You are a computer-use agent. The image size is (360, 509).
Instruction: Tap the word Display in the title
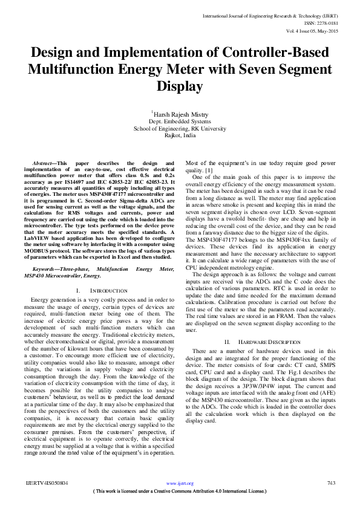[180, 86]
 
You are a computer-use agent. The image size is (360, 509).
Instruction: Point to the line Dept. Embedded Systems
[180, 122]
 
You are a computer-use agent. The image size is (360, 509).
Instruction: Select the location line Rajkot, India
[180, 136]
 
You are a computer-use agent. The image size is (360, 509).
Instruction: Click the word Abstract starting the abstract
[42, 164]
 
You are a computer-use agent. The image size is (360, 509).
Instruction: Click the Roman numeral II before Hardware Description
[227, 342]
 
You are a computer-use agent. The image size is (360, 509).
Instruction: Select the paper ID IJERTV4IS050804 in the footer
[48, 484]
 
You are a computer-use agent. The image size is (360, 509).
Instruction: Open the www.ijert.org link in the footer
[180, 484]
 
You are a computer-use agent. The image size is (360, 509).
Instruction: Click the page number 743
[331, 484]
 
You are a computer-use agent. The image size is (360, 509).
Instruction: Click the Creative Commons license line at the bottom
[180, 491]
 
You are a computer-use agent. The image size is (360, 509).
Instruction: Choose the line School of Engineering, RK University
[180, 129]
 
